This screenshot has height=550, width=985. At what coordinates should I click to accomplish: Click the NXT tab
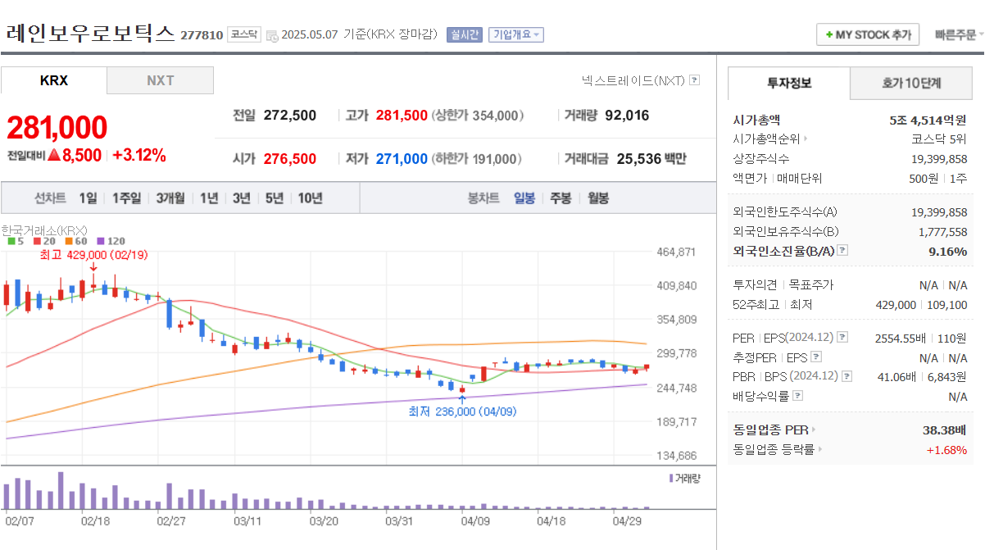160,80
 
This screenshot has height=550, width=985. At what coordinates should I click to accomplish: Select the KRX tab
54,80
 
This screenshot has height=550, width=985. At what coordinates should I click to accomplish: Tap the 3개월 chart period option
170,198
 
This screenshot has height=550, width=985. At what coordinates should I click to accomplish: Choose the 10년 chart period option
310,198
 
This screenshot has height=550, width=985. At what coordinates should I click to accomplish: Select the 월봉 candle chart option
598,198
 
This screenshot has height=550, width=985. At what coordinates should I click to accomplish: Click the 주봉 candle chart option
561,198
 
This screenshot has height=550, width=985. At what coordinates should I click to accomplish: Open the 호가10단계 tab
910,83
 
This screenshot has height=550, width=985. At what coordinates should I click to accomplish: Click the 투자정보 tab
788,83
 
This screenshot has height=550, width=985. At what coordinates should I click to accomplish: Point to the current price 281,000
57,128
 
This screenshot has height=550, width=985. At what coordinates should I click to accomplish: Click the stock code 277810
201,35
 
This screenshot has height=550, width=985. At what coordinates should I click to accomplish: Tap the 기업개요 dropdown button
515,35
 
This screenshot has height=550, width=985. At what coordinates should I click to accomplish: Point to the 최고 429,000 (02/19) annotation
93,255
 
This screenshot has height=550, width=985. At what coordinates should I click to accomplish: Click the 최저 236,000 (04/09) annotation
462,411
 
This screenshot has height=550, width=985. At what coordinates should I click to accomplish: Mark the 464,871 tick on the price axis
676,252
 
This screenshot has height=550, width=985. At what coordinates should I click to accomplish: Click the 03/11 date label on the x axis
247,520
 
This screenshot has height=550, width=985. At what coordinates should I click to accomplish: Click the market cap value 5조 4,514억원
928,120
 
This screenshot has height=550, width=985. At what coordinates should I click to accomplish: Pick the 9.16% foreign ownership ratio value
947,252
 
